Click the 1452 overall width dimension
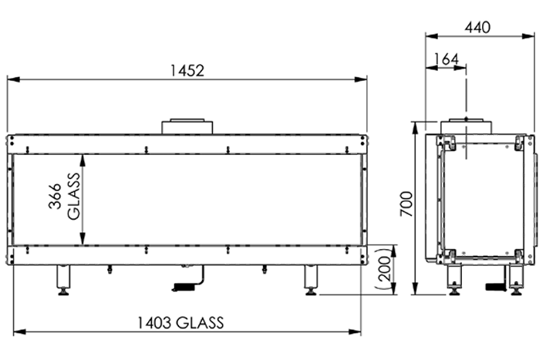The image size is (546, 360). point(187,71)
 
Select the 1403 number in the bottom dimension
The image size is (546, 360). point(154,323)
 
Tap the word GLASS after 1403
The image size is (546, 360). point(200,323)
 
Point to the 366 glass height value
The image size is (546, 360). point(55,197)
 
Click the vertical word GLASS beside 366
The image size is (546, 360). point(74,197)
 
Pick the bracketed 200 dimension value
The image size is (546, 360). point(385,269)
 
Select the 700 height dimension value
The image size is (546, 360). point(406,204)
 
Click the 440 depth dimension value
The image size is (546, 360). point(477,27)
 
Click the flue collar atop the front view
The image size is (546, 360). point(187,126)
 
